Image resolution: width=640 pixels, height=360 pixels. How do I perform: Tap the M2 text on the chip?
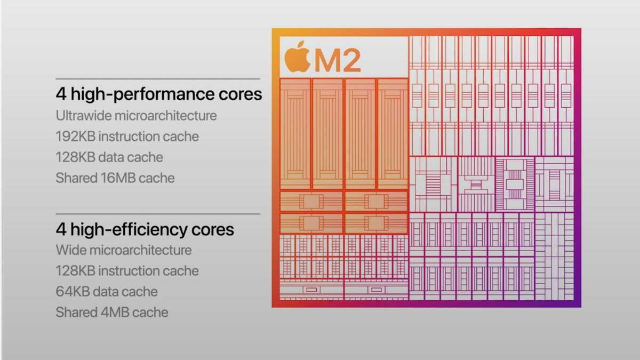tap(337, 60)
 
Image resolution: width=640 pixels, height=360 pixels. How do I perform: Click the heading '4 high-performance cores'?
tap(158, 94)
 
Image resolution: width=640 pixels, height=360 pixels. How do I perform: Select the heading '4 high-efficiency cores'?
tap(145, 229)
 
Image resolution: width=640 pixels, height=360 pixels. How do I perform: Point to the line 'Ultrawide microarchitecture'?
tap(136, 115)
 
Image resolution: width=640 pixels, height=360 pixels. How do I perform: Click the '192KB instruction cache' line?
tap(127, 136)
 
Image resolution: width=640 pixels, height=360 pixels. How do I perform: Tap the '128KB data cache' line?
tap(109, 157)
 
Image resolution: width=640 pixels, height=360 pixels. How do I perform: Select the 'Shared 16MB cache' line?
tap(115, 178)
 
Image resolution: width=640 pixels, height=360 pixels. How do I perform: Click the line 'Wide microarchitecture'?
tap(123, 250)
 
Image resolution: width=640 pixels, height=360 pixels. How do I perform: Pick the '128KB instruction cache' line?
tap(127, 270)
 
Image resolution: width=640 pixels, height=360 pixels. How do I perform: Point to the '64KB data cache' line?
tap(107, 291)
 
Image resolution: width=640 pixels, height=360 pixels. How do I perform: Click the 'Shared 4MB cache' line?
tap(112, 312)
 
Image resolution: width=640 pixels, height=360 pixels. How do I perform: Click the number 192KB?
tap(75, 136)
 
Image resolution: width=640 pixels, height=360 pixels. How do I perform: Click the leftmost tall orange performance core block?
tap(295, 133)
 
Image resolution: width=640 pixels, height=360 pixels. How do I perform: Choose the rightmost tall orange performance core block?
tap(392, 133)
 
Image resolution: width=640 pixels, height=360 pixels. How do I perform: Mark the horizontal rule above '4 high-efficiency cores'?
tap(158, 214)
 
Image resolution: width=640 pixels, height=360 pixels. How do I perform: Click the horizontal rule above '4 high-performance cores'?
tap(158, 79)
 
